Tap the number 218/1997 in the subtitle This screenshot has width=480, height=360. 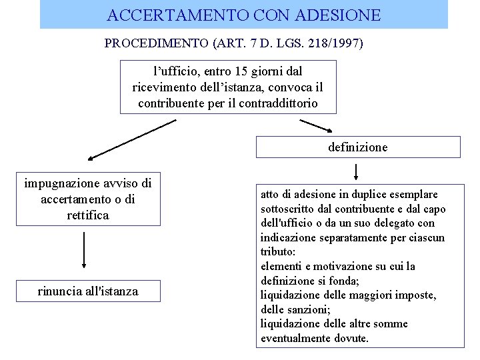pos(335,44)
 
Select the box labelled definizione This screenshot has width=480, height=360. pos(358,147)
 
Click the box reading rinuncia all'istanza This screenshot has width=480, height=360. pos(88,291)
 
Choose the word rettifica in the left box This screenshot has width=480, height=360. pos(88,215)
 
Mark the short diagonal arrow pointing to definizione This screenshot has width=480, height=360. pos(320,127)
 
